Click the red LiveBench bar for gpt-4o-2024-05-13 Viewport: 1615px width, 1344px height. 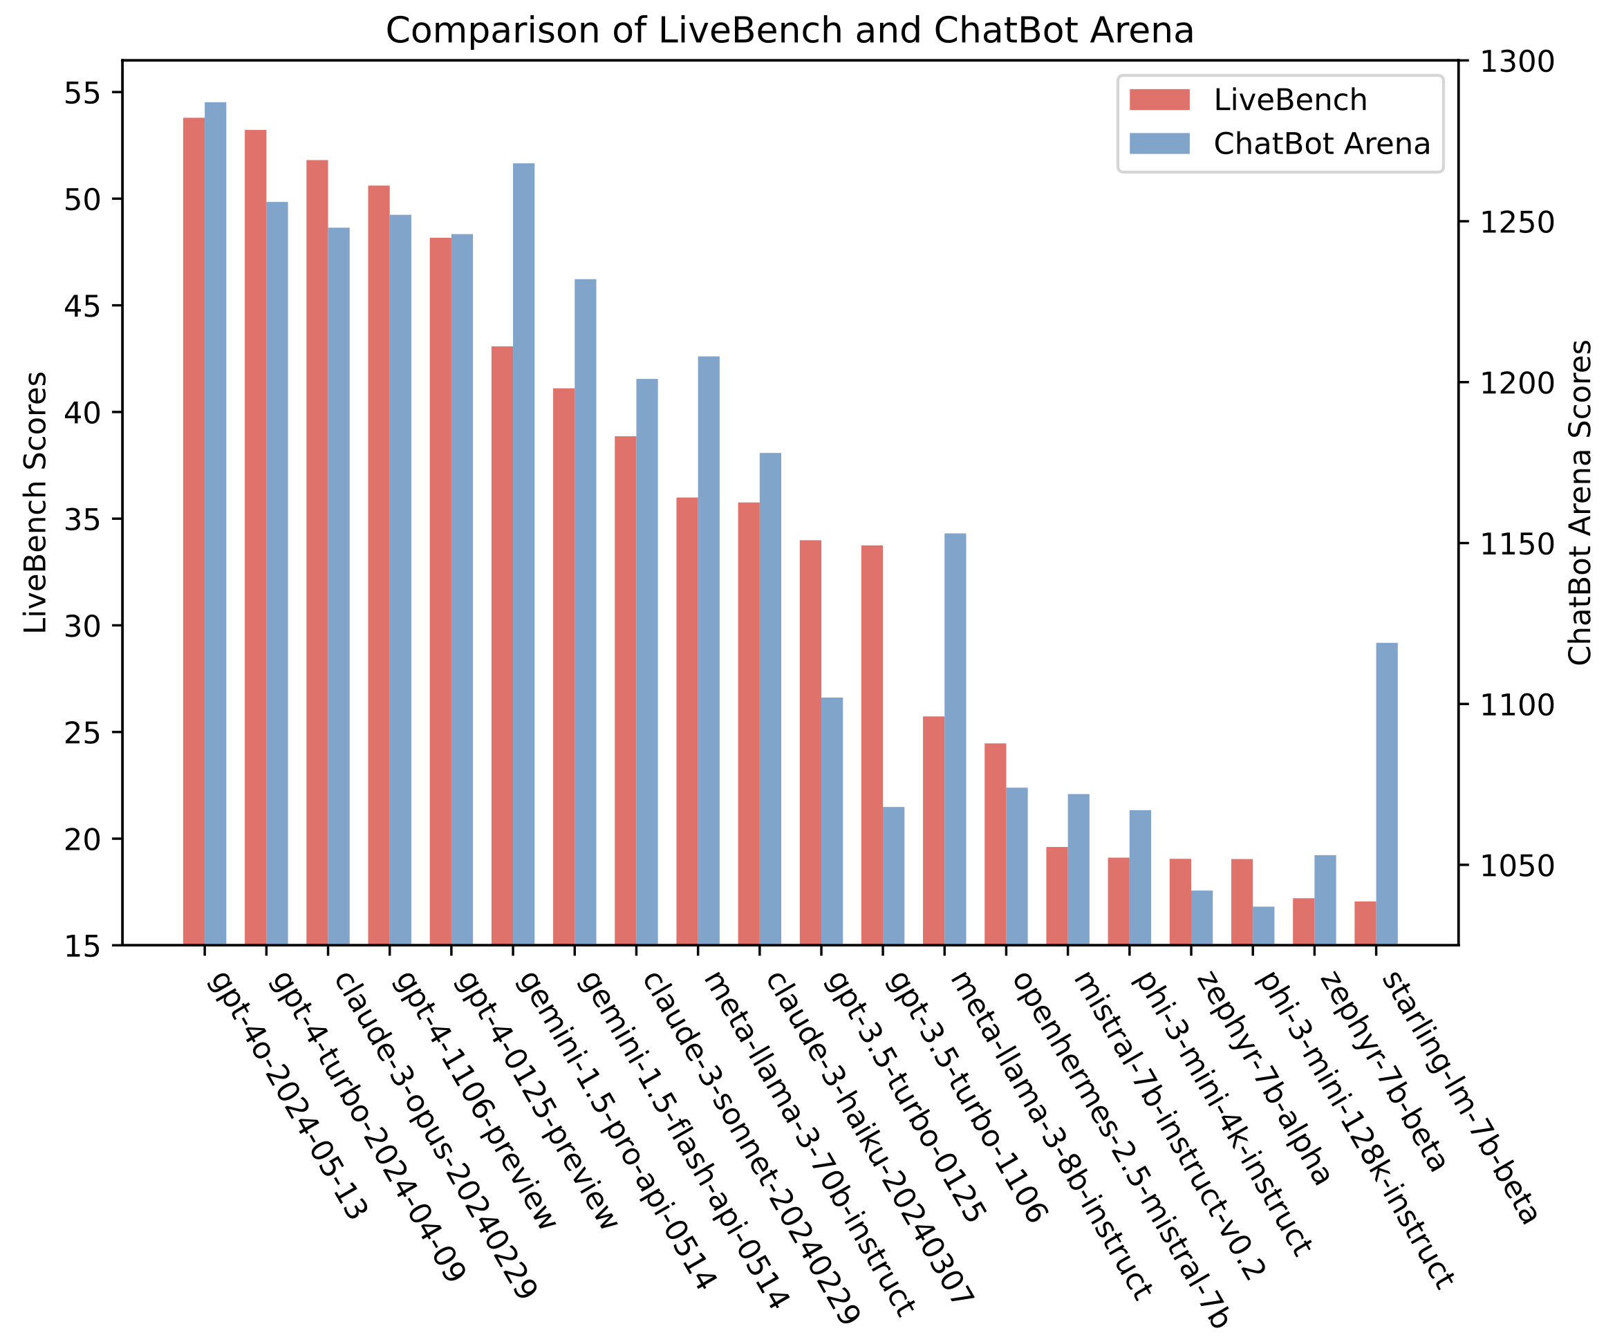[194, 530]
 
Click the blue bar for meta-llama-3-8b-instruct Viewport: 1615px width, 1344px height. [955, 739]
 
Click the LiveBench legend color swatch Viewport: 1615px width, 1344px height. [1159, 100]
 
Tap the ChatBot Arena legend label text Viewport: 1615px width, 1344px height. [1321, 144]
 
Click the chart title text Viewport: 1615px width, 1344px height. [789, 30]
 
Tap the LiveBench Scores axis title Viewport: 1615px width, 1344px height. [35, 502]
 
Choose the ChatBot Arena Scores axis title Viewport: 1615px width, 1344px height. [1580, 502]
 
